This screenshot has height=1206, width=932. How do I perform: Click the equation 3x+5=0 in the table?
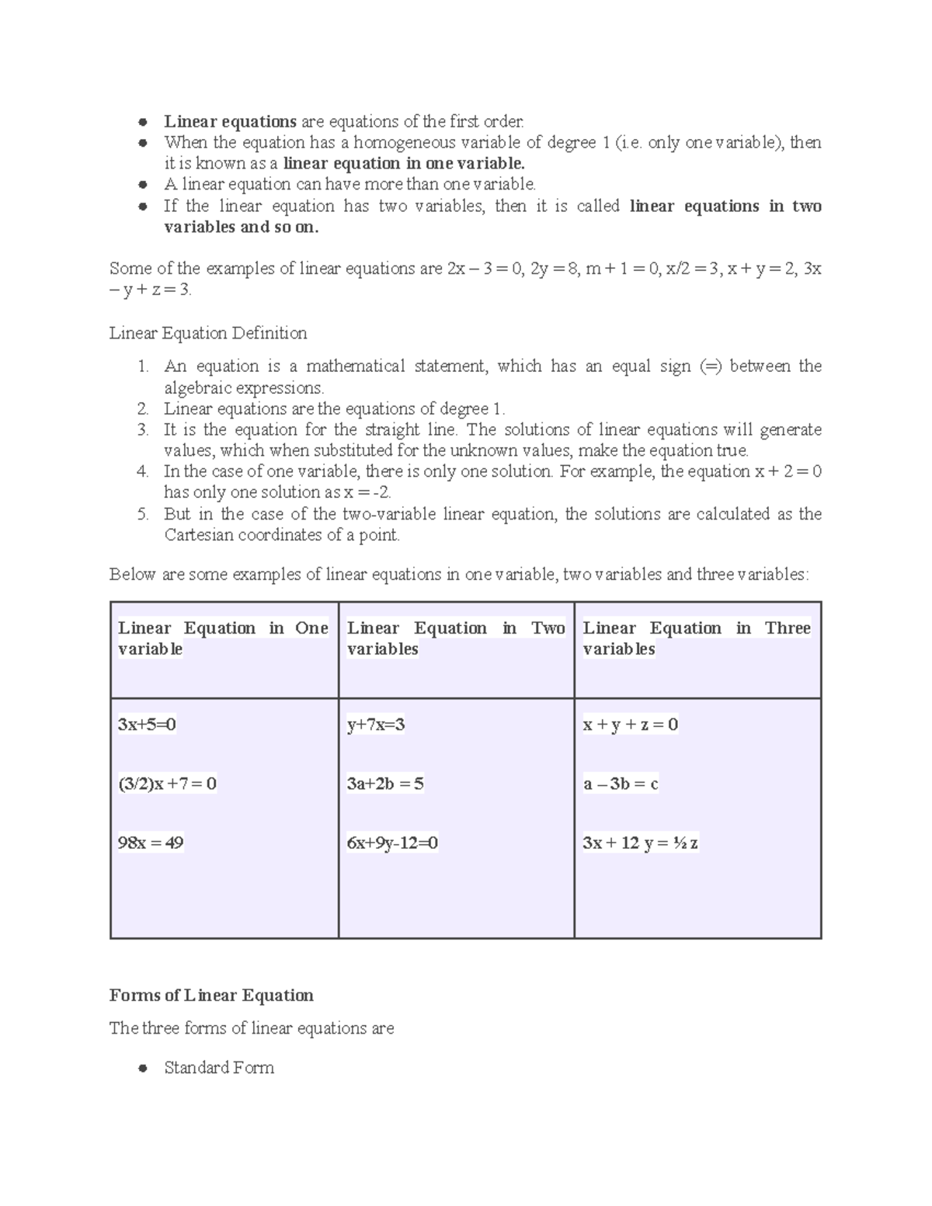147,725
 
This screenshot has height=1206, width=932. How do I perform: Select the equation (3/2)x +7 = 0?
167,784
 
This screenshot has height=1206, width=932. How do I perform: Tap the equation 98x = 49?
151,843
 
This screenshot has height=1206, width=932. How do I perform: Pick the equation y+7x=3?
376,725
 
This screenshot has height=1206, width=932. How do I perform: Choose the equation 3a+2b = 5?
385,784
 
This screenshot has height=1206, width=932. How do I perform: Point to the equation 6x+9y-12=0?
392,843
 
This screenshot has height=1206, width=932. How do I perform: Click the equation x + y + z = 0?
631,725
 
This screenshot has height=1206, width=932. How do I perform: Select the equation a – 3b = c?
621,784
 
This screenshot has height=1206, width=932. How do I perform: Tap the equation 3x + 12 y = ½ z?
640,843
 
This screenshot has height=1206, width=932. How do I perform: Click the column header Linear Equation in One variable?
223,638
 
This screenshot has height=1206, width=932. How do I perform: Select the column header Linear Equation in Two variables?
456,638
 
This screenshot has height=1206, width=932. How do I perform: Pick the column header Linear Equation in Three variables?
697,638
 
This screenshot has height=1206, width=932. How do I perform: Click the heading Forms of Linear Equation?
211,996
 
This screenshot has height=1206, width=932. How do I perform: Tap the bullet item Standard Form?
219,1068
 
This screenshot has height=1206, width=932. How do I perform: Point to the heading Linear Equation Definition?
208,333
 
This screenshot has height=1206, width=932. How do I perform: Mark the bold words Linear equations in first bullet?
230,121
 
